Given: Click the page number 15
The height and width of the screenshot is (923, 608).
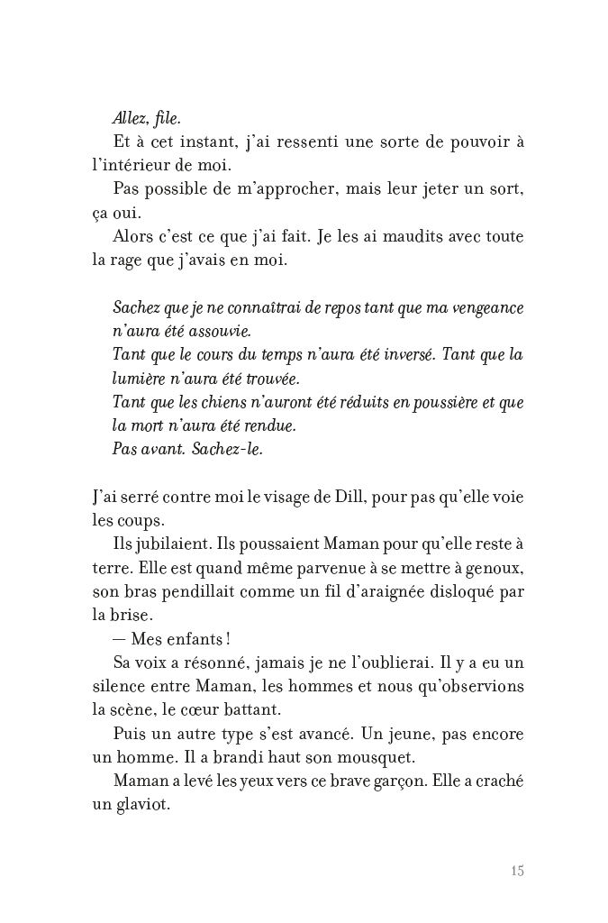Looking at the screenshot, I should pyautogui.click(x=516, y=871).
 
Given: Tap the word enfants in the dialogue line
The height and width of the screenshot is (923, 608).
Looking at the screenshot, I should pyautogui.click(x=192, y=639).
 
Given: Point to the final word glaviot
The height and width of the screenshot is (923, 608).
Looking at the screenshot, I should pyautogui.click(x=142, y=804).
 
